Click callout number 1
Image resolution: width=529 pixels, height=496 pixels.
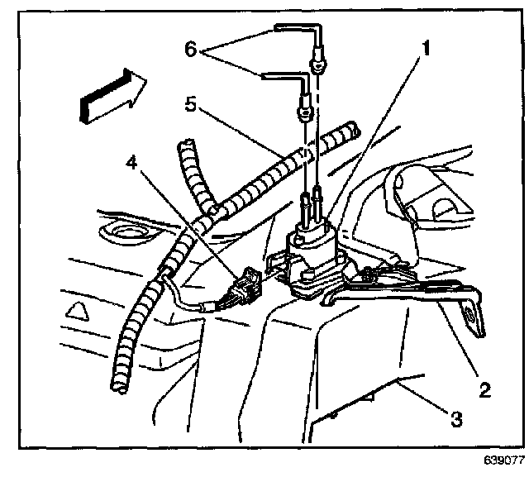(427, 49)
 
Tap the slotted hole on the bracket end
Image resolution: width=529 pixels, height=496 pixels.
(469, 314)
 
